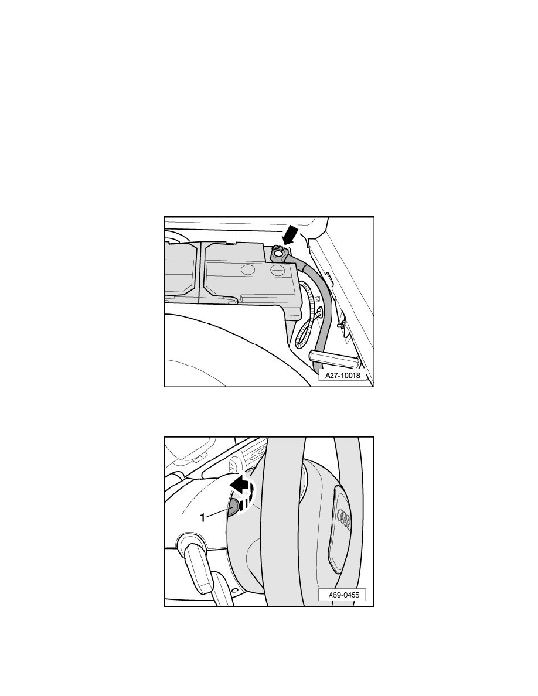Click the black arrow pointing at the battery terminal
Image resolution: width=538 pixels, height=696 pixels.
290,234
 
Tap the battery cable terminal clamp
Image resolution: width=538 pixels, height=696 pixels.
279,254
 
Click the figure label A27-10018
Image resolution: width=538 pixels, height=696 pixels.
343,376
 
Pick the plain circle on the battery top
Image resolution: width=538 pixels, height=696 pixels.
248,269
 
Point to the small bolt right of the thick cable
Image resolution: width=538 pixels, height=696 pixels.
340,325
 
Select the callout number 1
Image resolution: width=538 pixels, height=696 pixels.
203,517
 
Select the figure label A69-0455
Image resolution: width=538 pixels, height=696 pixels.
342,595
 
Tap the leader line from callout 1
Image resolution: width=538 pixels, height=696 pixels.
217,513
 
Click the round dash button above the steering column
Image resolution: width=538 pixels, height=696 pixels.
232,466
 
